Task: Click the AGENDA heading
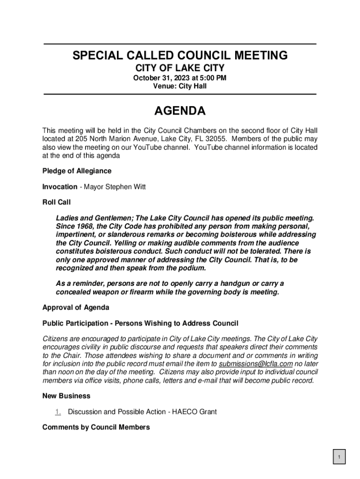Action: pos(180,111)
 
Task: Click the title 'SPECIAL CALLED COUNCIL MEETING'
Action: pos(180,56)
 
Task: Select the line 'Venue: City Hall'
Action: pos(180,86)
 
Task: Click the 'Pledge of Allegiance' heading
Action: pos(77,171)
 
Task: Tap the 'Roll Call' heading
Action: pos(56,203)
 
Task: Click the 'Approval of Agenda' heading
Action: pos(76,307)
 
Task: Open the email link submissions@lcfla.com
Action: pos(256,363)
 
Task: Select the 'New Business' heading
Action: pos(66,396)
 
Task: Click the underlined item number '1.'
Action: pos(58,412)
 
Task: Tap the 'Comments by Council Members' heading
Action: pos(96,427)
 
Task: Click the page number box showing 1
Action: pos(339,457)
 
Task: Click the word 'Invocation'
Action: pos(60,187)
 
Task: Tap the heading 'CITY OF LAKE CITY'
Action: pos(180,68)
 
